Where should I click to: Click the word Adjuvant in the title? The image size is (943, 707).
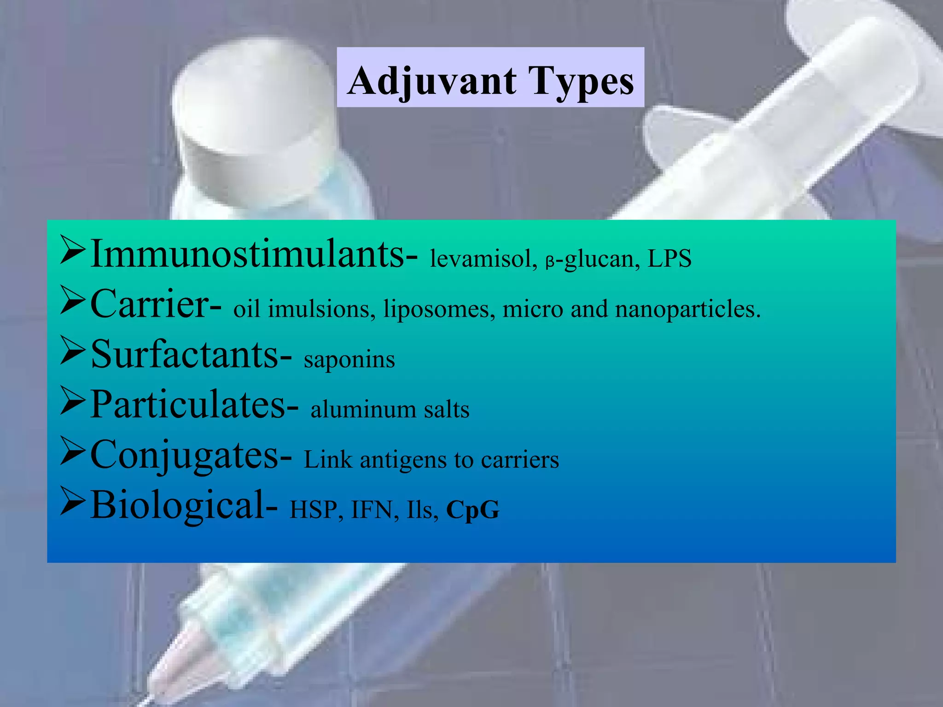pyautogui.click(x=432, y=81)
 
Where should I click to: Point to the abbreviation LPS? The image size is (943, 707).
pyautogui.click(x=669, y=259)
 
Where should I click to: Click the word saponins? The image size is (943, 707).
pyautogui.click(x=349, y=359)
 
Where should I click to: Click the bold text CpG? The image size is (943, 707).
pyautogui.click(x=472, y=510)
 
